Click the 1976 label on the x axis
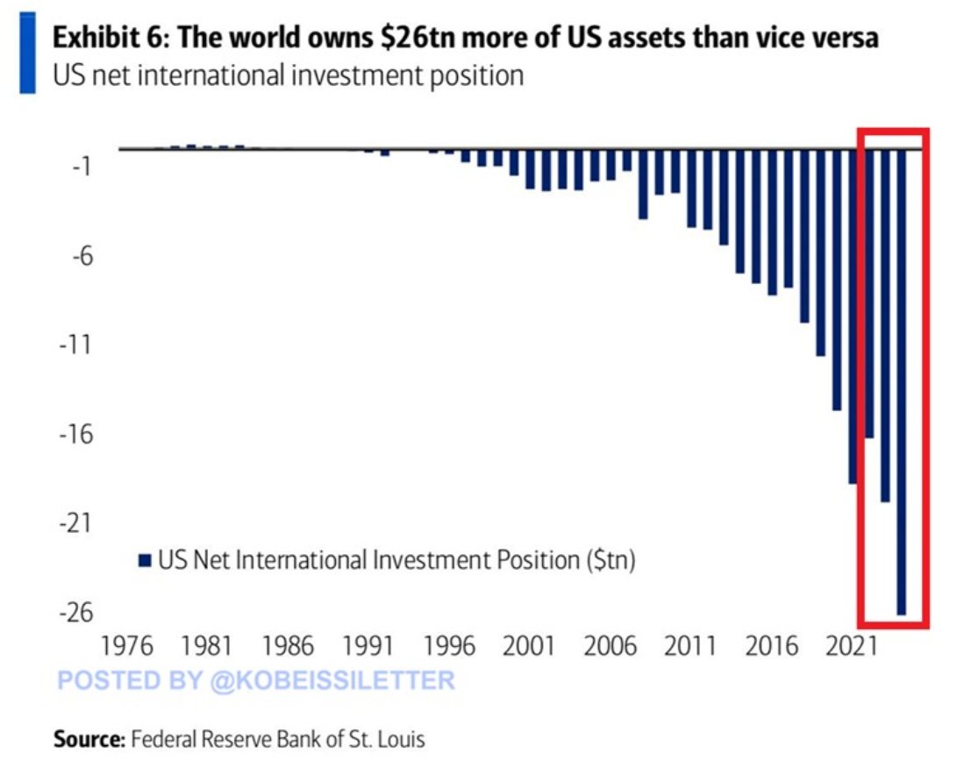[x=128, y=648]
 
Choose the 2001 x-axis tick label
[x=529, y=648]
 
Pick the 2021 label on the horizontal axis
[x=853, y=648]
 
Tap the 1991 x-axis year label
[x=369, y=648]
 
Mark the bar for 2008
[x=643, y=184]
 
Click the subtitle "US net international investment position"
[x=289, y=75]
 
